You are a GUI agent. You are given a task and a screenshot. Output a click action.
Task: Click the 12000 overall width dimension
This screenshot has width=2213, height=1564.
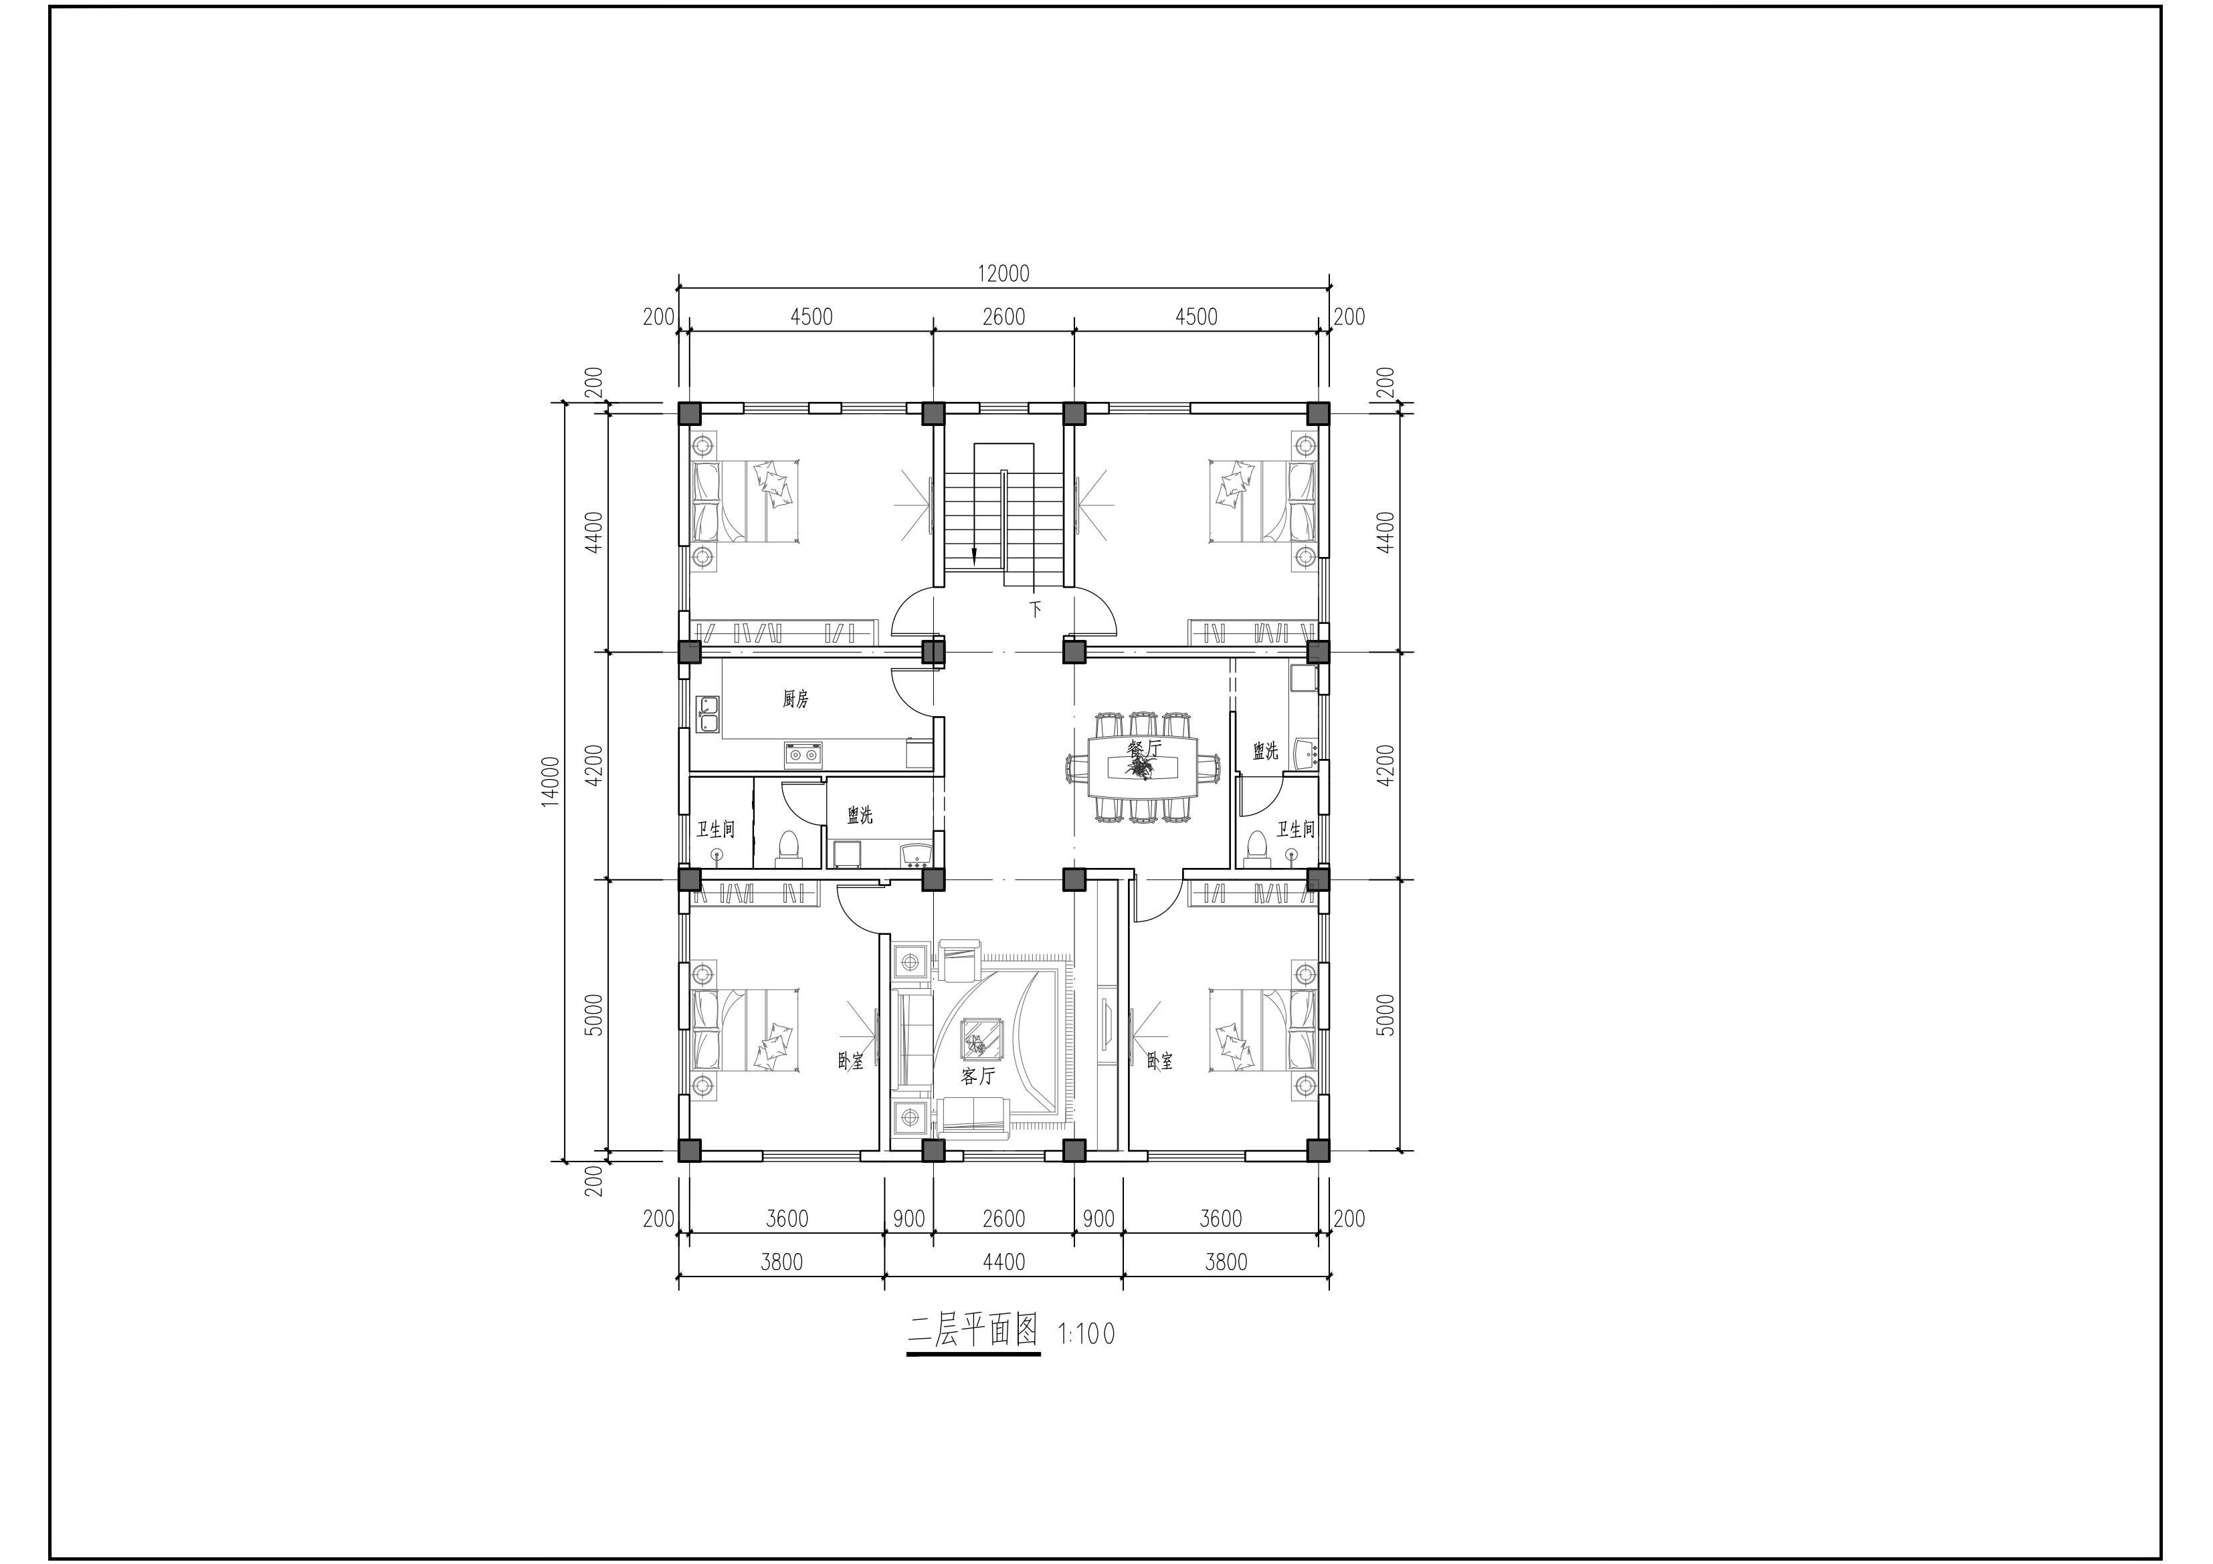(x=1003, y=273)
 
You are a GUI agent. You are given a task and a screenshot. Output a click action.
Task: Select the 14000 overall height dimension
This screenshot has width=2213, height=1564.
(x=551, y=782)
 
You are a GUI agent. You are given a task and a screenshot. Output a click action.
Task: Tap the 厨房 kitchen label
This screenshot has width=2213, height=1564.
(x=795, y=699)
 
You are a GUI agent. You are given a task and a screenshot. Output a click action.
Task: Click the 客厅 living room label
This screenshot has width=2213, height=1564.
(x=977, y=1075)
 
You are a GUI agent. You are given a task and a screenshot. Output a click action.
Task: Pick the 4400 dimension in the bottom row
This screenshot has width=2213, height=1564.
(x=1003, y=1261)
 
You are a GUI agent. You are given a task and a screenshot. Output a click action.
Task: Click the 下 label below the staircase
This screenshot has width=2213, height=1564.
(x=1036, y=609)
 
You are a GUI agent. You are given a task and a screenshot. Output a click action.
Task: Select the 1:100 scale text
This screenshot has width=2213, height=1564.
(x=1087, y=1334)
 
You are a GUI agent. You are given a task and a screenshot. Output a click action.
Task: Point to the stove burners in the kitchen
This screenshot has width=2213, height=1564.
(x=802, y=754)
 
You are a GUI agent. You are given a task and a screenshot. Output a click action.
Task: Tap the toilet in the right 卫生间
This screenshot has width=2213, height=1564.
(x=1256, y=846)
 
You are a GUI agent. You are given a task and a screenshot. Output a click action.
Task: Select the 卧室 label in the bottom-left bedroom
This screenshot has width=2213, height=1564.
(x=850, y=1061)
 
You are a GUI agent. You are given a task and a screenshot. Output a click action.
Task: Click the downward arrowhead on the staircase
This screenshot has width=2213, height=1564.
(x=975, y=555)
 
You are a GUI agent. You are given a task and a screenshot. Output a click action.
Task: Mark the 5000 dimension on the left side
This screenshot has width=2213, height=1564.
(x=594, y=1015)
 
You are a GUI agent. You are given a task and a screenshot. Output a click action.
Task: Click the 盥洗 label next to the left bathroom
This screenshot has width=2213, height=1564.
(x=860, y=815)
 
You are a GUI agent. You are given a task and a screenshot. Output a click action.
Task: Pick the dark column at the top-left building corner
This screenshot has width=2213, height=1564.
(x=689, y=413)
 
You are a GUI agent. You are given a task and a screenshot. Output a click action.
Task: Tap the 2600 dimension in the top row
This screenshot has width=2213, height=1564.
(x=1003, y=317)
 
